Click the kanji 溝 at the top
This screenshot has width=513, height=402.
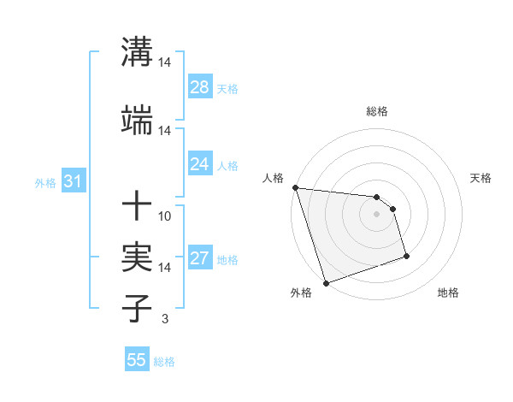coord(138,50)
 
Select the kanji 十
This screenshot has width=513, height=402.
coord(138,206)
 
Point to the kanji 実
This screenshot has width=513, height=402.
coord(138,257)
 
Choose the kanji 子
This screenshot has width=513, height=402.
coord(138,308)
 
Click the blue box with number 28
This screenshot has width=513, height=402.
coord(200,87)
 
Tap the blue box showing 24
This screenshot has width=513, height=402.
coord(200,164)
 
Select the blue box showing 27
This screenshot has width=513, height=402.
coord(200,258)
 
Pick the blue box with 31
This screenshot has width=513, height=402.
coord(73,181)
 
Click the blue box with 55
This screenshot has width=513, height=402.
coord(137,360)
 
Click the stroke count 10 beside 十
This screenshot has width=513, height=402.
coord(165,216)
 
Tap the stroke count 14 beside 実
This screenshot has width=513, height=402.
coord(165,268)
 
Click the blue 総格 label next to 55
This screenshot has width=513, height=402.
coord(164,362)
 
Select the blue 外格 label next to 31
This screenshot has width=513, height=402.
coord(45,183)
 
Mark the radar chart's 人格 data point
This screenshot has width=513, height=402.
coord(295,187)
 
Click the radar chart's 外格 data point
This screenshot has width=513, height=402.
coord(326,282)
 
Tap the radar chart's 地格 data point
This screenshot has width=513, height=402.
coord(406,256)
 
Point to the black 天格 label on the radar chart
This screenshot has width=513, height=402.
coord(481,178)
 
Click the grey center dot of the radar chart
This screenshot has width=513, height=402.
coord(376,214)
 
